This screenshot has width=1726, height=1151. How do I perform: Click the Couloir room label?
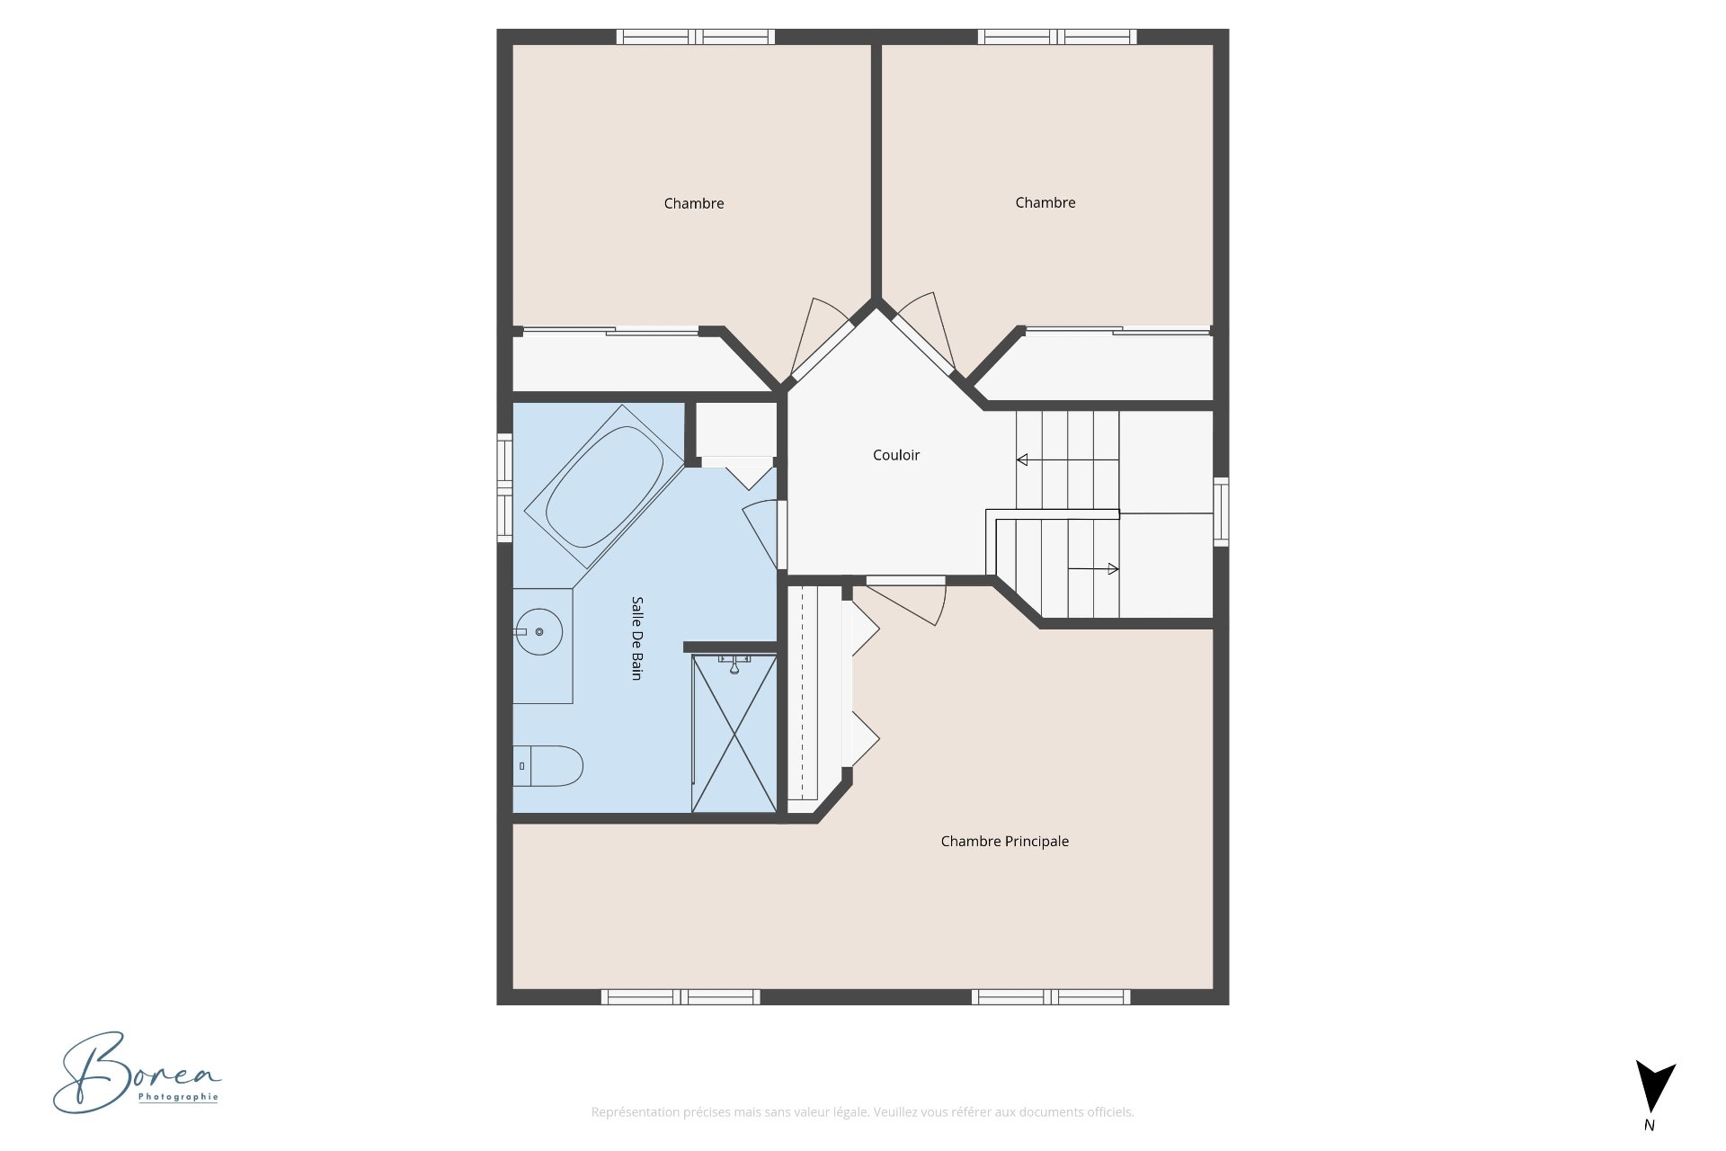tap(895, 455)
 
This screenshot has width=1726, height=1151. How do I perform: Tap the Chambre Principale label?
tap(1004, 842)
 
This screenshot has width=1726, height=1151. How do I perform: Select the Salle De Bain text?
tap(636, 638)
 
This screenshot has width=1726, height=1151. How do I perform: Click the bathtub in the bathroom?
tap(604, 486)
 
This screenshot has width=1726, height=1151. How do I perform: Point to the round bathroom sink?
tap(538, 632)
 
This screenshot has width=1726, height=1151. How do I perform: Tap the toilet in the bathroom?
tap(548, 766)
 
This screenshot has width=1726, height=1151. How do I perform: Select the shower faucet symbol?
tap(734, 665)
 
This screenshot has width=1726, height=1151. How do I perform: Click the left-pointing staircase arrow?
tap(1022, 460)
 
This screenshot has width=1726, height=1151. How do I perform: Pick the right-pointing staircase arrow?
tap(1113, 569)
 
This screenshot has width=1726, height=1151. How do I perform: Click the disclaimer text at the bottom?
tap(862, 1112)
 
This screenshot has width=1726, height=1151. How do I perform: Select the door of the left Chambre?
tap(819, 340)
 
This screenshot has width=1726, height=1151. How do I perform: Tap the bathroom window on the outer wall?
tap(505, 487)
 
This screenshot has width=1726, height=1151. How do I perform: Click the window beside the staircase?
tap(1221, 512)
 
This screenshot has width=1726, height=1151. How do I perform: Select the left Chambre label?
tap(693, 204)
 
